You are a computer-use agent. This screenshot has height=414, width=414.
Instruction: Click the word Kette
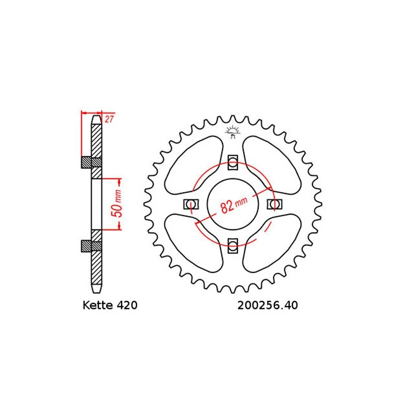pos(97,306)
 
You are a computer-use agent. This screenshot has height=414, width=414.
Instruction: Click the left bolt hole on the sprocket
pos(191,204)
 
